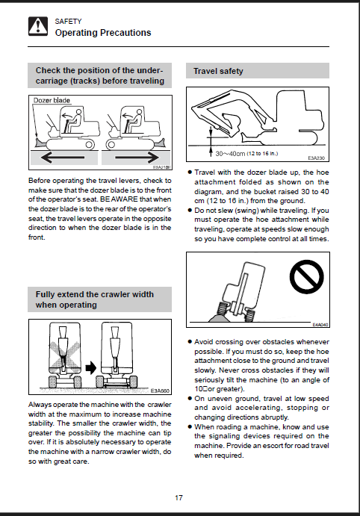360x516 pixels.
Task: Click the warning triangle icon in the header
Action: click(38, 26)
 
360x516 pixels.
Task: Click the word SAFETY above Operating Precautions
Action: click(68, 22)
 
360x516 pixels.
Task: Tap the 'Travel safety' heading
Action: click(218, 71)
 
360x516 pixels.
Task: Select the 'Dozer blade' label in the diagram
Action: click(52, 100)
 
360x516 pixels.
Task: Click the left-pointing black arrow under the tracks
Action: click(63, 158)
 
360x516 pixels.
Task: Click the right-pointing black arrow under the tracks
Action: click(137, 158)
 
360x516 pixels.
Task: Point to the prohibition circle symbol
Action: click(306, 277)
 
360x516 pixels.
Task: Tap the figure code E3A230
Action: click(316, 158)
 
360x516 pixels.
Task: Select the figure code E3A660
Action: click(160, 391)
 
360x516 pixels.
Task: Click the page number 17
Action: click(179, 497)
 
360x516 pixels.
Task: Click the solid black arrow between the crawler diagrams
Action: click(91, 367)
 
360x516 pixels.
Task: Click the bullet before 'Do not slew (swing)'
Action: click(190, 210)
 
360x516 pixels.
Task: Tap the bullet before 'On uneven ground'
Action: click(190, 398)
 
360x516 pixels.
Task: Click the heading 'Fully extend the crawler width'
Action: click(95, 294)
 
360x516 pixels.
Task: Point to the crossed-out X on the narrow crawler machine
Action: click(65, 356)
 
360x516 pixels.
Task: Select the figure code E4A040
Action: click(320, 325)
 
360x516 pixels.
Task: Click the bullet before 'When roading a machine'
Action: click(190, 426)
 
